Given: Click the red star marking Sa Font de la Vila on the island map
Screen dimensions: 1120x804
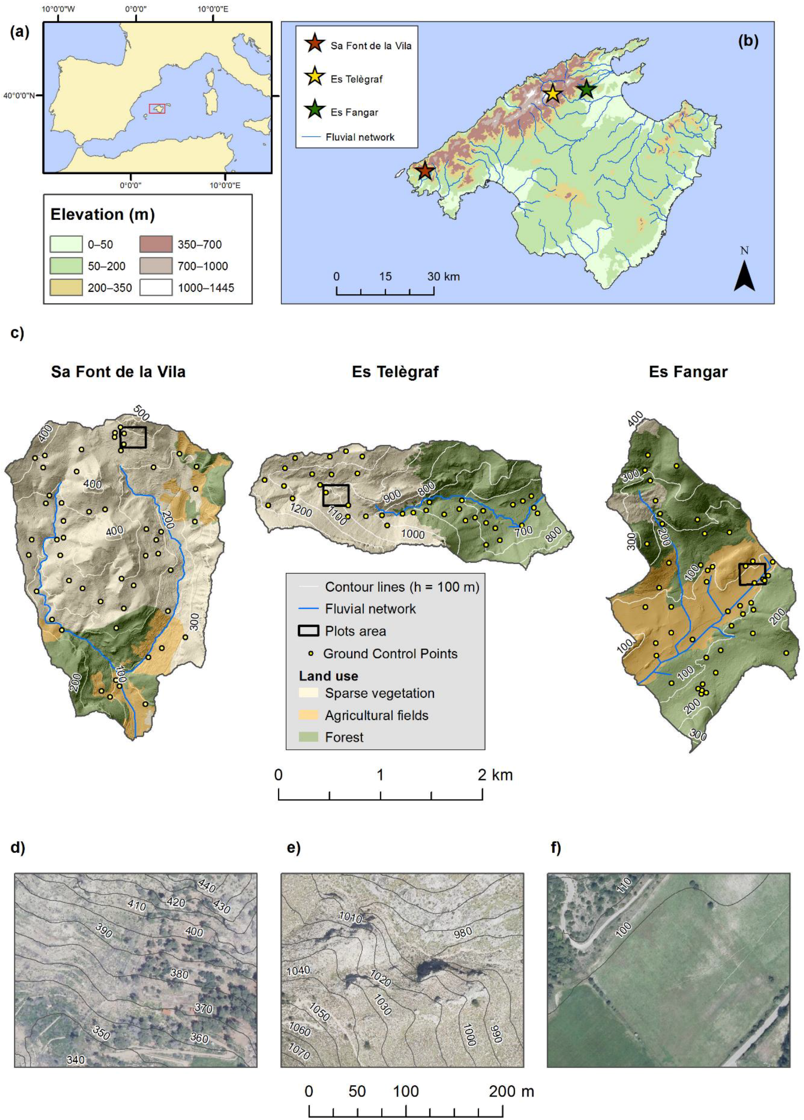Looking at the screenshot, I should (x=425, y=171).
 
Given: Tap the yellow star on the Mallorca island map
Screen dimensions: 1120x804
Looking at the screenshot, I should (x=552, y=93).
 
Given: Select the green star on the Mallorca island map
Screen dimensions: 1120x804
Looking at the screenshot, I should (x=586, y=90).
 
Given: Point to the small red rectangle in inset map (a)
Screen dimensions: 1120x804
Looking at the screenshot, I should (x=157, y=109).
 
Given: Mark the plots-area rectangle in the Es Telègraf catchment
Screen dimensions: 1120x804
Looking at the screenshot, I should (x=336, y=495).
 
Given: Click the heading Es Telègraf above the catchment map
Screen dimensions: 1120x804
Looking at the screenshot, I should (x=395, y=372).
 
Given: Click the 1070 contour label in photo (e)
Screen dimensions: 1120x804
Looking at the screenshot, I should (x=299, y=1053).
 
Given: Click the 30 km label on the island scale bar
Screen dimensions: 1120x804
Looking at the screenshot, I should (x=443, y=277).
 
